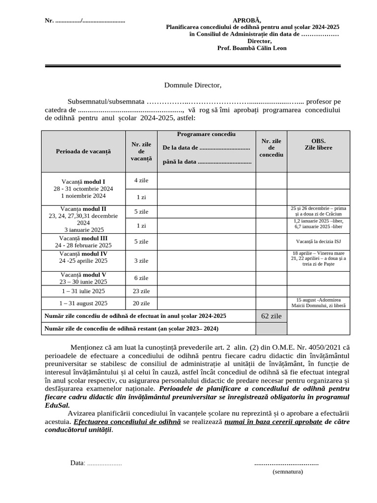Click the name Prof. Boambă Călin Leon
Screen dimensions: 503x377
coord(252,48)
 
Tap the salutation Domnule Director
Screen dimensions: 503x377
coord(192,85)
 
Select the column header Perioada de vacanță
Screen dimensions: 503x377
coord(83,151)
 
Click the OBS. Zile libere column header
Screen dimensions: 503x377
coord(318,144)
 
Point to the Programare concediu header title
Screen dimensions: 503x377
coord(206,135)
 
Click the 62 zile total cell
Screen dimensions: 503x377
coord(271,316)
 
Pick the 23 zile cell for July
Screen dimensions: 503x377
coord(141,291)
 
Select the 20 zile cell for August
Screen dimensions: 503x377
coord(141,304)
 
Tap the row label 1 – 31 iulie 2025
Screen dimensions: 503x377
coord(83,291)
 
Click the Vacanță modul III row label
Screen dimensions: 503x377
coord(83,241)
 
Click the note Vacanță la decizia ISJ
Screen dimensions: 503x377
coord(318,242)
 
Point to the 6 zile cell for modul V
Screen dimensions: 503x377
coord(141,278)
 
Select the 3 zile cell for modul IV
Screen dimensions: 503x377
coord(141,261)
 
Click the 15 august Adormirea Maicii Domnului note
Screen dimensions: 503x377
coord(318,303)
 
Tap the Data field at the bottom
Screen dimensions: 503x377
coord(96,463)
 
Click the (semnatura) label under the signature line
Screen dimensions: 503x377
coord(288,472)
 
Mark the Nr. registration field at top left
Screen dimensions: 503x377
coord(85,21)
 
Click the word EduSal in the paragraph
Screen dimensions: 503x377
coord(56,405)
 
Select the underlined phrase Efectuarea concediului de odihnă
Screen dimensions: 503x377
coord(127,421)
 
